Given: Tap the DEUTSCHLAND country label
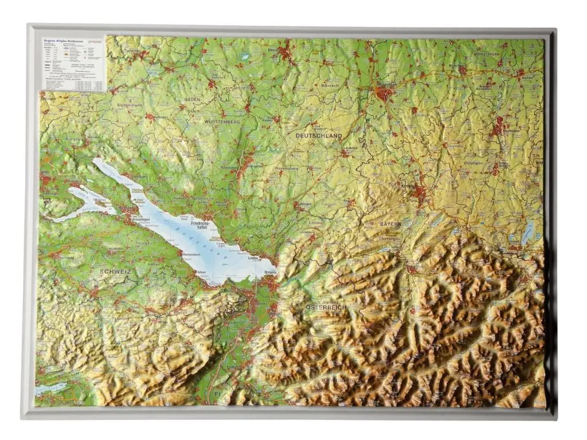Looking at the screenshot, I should pos(318,136).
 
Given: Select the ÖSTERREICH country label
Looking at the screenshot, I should pos(326,308).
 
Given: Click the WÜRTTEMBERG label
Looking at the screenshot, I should pos(221,122).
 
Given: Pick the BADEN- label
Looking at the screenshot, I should pos(192,100).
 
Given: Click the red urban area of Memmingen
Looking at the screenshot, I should pos(385,92).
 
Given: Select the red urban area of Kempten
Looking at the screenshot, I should pos(420,194).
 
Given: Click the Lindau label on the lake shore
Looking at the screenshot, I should pos(253,258).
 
